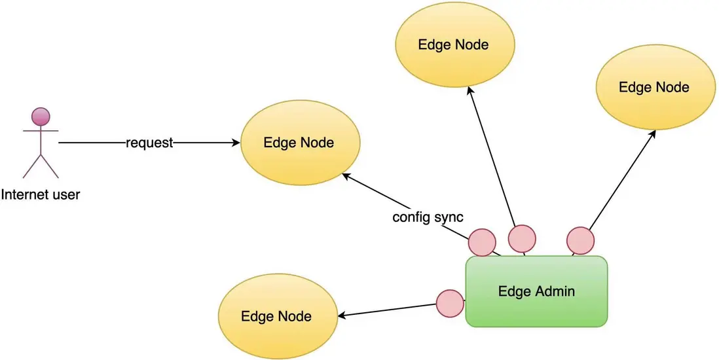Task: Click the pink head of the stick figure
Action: tap(41, 117)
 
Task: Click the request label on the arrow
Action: tap(149, 143)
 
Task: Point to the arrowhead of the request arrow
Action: tap(236, 143)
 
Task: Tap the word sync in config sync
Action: tap(449, 217)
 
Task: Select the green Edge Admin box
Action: tap(536, 291)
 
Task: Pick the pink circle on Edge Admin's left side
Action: tap(450, 304)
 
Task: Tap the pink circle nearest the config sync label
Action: tap(482, 242)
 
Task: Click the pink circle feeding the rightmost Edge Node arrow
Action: tap(580, 240)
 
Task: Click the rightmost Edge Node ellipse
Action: tap(654, 87)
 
